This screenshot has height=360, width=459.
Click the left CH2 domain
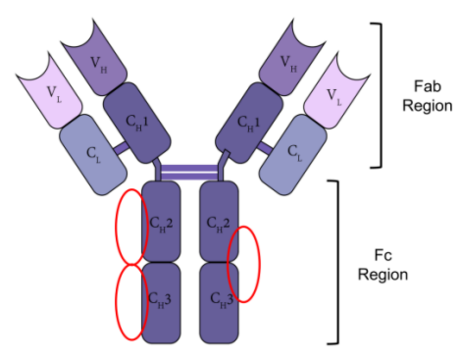(161, 221)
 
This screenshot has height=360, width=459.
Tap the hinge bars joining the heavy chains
(190, 172)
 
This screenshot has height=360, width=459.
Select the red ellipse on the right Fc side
(244, 263)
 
